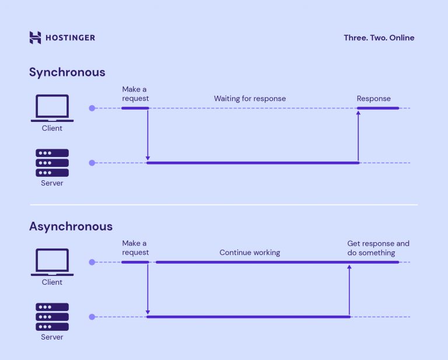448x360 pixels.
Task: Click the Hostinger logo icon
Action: point(36,38)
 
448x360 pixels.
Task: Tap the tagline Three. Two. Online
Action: point(379,38)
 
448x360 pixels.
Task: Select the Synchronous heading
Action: point(67,72)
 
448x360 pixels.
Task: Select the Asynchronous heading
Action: point(71,226)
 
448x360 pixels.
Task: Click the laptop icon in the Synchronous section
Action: point(52,108)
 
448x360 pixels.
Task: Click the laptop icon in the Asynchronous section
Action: point(52,262)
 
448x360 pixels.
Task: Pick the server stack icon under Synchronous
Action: point(52,163)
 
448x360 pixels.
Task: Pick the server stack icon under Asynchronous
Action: point(52,317)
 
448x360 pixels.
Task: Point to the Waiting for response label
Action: point(250,99)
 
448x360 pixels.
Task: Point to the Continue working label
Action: point(250,253)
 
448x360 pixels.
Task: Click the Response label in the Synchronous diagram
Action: point(373,99)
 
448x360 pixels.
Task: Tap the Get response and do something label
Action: point(378,248)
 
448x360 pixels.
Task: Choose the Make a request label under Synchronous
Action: point(135,94)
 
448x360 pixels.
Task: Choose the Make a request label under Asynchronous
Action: point(135,248)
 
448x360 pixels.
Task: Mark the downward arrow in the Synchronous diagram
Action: point(148,135)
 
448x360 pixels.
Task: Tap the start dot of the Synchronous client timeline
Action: point(92,108)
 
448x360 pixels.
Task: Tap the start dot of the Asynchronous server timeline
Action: point(92,317)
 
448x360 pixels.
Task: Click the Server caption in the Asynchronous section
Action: point(52,337)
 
